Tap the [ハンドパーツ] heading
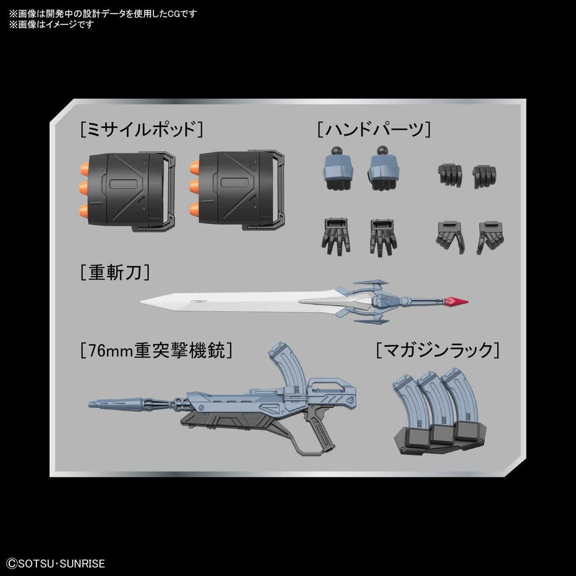tap(374, 130)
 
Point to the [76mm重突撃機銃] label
tap(157, 350)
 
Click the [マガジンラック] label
tap(438, 350)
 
